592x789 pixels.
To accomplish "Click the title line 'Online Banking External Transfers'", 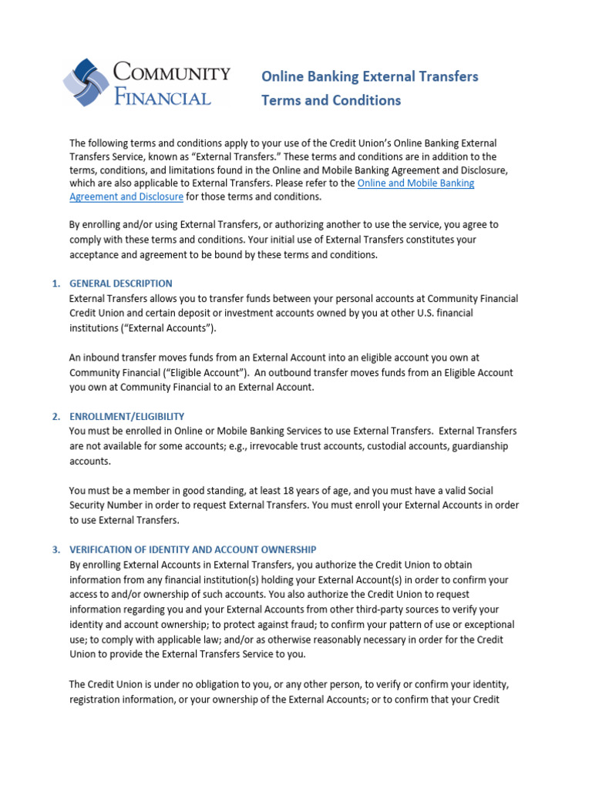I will coord(370,76).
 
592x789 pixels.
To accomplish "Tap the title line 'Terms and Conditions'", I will coord(331,100).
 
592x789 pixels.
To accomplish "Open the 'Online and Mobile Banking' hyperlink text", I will coord(416,183).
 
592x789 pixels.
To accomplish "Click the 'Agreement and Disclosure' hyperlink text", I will coord(126,196).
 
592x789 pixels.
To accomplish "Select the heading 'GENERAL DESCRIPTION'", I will coord(121,284).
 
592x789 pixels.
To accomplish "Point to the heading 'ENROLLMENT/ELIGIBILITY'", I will coord(127,416).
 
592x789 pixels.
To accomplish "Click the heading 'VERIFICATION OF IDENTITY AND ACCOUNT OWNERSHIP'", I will coord(193,549).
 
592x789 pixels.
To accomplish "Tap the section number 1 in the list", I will coord(55,284).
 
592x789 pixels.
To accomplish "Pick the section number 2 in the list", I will coord(55,416).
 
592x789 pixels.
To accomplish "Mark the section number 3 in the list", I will coord(55,549).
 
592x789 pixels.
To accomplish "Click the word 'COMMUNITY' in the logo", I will coord(171,74).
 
